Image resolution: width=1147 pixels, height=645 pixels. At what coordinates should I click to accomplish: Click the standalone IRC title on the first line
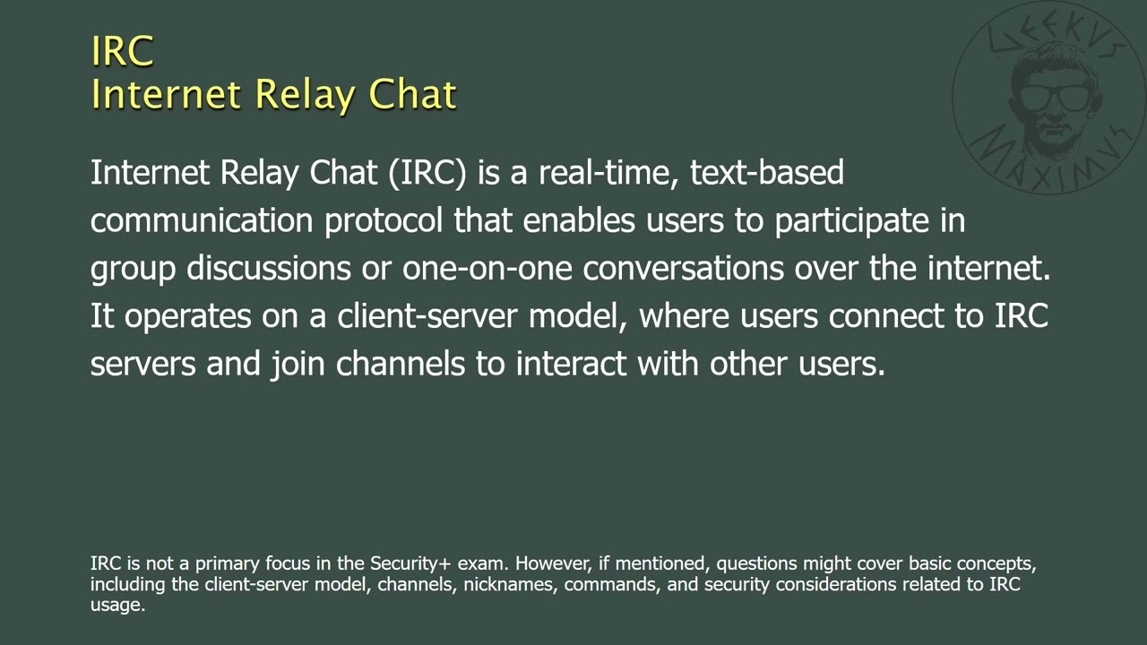click(123, 51)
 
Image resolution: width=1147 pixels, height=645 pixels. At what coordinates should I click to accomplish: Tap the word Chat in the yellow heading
click(413, 94)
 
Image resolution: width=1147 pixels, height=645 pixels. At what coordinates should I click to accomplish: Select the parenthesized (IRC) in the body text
click(427, 172)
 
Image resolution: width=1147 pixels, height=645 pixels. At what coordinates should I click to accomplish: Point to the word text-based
click(767, 172)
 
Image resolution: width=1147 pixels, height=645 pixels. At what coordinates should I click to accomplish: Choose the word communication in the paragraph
click(202, 220)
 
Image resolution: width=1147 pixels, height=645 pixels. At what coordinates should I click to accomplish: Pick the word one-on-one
click(487, 269)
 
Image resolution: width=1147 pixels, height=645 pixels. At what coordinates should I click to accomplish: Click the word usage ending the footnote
click(116, 606)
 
